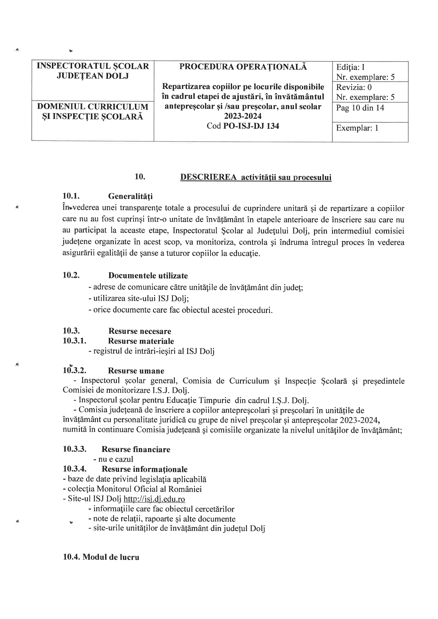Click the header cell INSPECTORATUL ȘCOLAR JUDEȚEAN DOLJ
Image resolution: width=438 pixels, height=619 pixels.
click(x=93, y=71)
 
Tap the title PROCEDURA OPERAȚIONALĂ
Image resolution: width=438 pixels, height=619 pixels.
click(x=243, y=67)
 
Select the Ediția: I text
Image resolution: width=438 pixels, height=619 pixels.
click(x=350, y=67)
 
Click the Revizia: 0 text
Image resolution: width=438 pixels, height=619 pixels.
click(x=354, y=87)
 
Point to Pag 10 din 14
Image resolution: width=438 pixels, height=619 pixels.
click(x=360, y=108)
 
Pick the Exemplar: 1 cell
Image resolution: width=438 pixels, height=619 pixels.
click(x=357, y=128)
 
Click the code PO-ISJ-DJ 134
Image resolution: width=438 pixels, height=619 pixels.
click(x=251, y=126)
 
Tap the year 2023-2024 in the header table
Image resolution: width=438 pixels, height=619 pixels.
click(x=243, y=116)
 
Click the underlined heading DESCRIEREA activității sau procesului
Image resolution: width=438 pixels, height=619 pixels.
click(x=256, y=177)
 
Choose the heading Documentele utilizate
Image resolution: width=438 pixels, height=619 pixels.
click(x=148, y=275)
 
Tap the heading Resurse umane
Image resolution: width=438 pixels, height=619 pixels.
click(x=136, y=371)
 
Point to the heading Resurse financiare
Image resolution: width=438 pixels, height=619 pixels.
click(x=136, y=449)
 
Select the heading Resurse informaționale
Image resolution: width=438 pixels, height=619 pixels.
click(x=144, y=469)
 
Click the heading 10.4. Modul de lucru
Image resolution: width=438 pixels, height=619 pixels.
click(x=101, y=557)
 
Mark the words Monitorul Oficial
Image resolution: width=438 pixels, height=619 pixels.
click(x=125, y=489)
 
